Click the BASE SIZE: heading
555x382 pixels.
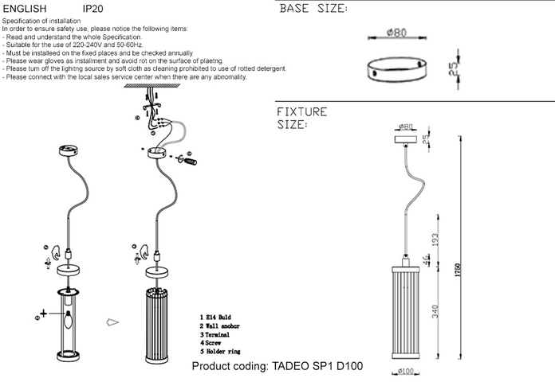point(313,10)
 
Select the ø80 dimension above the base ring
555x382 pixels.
point(397,33)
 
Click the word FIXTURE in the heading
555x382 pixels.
point(301,111)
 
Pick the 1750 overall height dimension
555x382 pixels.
point(458,270)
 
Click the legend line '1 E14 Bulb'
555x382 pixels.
point(217,318)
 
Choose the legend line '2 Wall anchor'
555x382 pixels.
point(221,326)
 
